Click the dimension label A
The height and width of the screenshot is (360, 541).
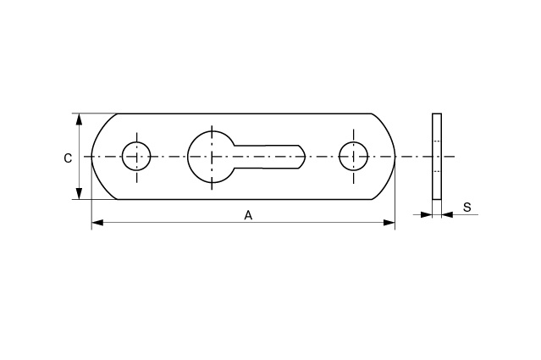pos(248,215)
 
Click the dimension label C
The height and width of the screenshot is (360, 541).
pos(68,158)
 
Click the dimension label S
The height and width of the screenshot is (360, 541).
pos(466,207)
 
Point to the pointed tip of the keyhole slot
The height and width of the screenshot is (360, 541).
pos(305,157)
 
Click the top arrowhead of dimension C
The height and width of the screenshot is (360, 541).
pos(80,119)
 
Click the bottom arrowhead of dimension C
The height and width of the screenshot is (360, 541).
pos(80,194)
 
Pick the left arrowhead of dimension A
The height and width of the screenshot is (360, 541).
pos(97,223)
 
